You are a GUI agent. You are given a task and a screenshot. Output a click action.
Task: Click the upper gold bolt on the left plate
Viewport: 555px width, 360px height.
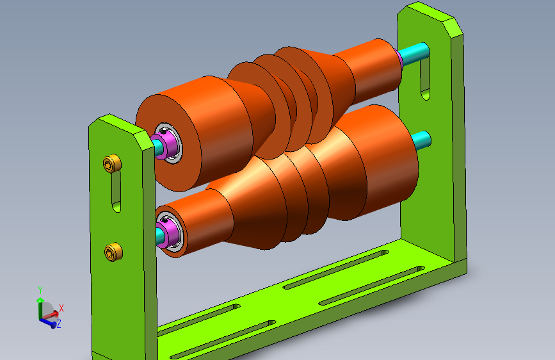point(112,164)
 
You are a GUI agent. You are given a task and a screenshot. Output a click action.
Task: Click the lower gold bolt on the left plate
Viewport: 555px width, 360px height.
point(113,252)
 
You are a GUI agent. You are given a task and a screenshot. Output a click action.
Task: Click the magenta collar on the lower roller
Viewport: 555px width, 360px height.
point(168,232)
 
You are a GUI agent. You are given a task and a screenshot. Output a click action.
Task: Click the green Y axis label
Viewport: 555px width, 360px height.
point(40,290)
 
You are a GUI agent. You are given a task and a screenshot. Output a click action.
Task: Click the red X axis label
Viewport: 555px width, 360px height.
point(61,308)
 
